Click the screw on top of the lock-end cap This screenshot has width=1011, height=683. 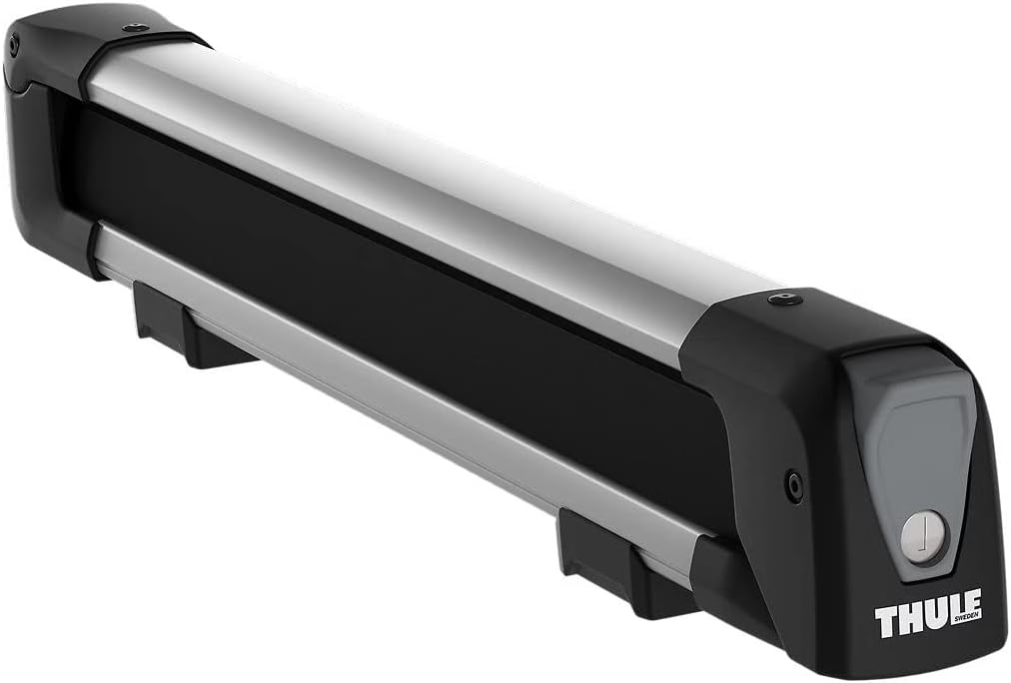pyautogui.click(x=784, y=300)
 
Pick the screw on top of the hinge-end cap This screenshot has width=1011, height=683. pyautogui.click(x=134, y=28)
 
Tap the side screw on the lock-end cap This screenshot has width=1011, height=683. pyautogui.click(x=795, y=487)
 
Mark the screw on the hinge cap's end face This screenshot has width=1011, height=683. pyautogui.click(x=14, y=46)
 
